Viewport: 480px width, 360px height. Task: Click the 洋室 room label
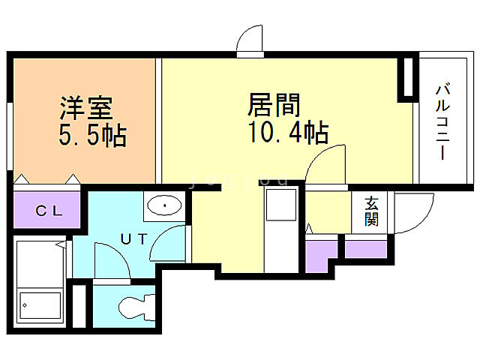(x=86, y=108)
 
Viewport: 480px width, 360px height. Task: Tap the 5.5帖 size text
(x=91, y=136)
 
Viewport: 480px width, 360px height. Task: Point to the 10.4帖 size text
(x=287, y=133)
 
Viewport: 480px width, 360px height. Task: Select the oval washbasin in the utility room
(x=163, y=205)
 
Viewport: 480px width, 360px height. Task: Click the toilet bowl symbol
(x=135, y=308)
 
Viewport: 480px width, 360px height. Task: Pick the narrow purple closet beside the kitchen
(x=320, y=254)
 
